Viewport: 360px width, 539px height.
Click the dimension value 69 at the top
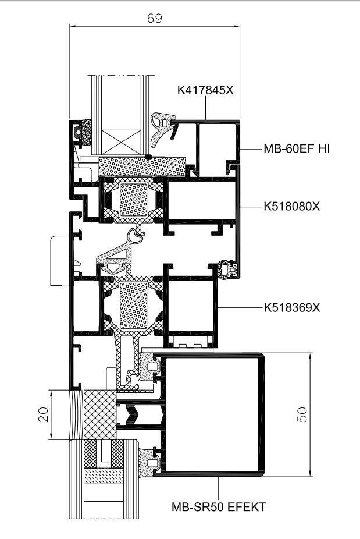click(154, 18)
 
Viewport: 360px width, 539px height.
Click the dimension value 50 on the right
click(302, 414)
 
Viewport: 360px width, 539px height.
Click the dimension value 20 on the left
click(44, 414)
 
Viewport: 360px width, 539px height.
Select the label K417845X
click(205, 90)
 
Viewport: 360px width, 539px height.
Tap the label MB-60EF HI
click(297, 148)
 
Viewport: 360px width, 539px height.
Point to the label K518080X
click(291, 206)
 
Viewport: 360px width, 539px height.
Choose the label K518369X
click(291, 307)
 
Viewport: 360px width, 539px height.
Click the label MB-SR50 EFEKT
click(219, 506)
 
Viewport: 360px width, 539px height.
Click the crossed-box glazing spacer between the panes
click(122, 142)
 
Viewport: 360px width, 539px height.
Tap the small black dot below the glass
click(148, 157)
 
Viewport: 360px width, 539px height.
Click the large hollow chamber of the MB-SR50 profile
click(212, 414)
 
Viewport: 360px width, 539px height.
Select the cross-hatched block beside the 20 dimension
click(100, 414)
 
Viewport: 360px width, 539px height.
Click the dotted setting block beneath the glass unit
click(142, 166)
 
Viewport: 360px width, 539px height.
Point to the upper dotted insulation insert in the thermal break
click(133, 200)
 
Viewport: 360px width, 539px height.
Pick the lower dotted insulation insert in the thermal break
click(133, 305)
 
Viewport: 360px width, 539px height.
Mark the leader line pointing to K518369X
click(240, 307)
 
